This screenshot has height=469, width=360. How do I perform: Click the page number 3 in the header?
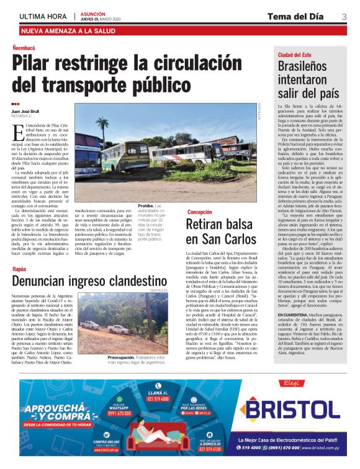[x=344, y=16]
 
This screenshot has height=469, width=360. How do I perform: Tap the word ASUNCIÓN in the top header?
[x=93, y=13]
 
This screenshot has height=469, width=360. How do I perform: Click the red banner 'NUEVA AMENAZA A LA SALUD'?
[x=66, y=30]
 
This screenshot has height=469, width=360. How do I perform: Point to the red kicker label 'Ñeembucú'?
[x=26, y=48]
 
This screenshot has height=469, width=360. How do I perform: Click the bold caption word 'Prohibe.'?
[x=146, y=205]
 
